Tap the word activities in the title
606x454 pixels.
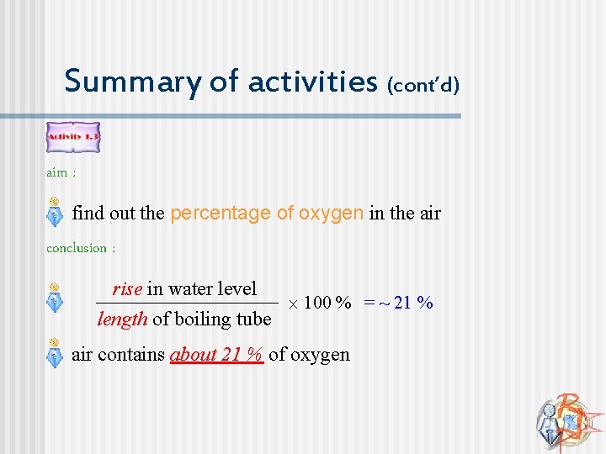click(x=312, y=82)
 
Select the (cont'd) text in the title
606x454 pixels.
click(x=423, y=84)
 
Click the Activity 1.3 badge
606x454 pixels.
click(x=72, y=137)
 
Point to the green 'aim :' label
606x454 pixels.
click(x=61, y=172)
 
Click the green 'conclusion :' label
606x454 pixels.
click(x=81, y=248)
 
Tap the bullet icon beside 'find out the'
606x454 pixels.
click(x=54, y=213)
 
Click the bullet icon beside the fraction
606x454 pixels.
click(x=54, y=297)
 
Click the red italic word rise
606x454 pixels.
click(x=127, y=289)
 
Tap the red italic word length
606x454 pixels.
click(x=123, y=319)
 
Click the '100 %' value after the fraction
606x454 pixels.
click(x=327, y=303)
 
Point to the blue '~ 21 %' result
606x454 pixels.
click(x=408, y=303)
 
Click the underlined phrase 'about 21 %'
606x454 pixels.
click(x=217, y=355)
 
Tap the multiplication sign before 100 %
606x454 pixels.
click(x=292, y=304)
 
